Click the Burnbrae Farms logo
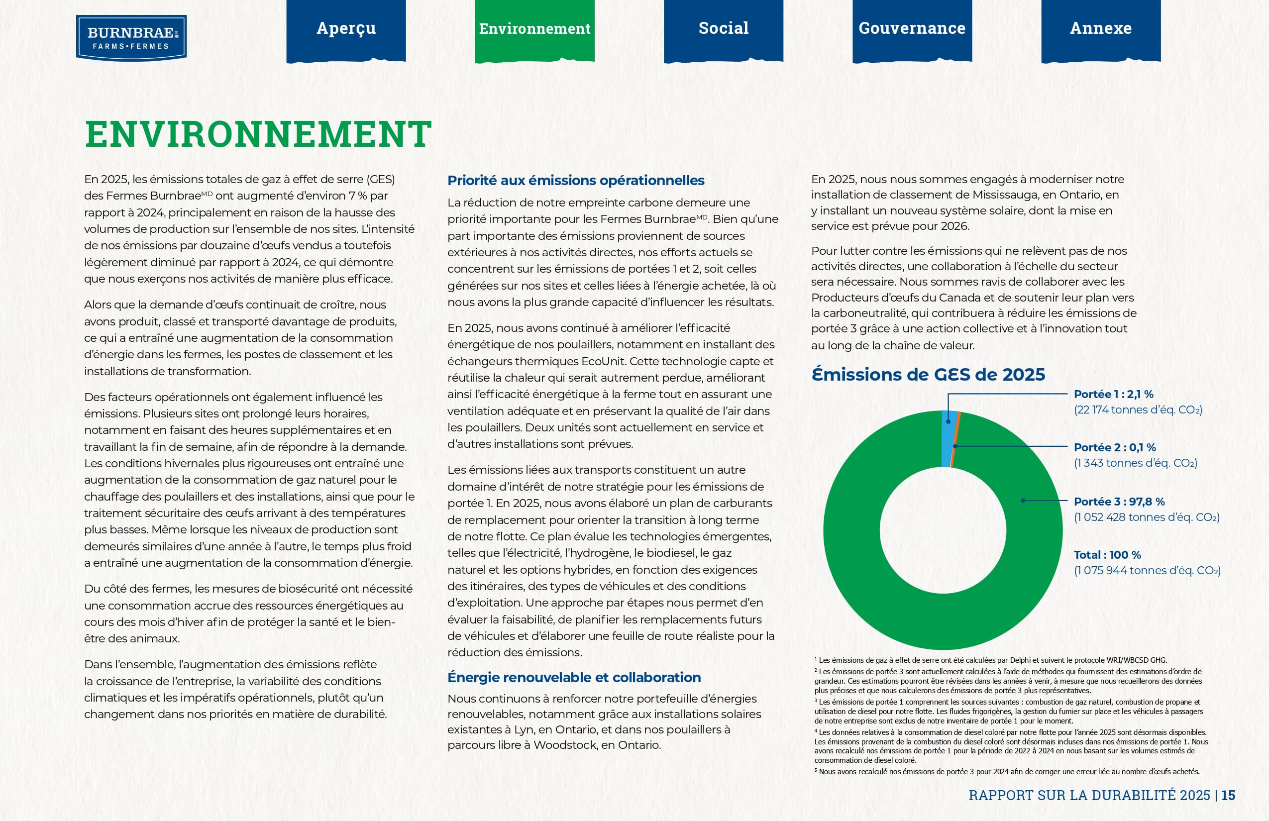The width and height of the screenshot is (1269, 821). click(x=131, y=37)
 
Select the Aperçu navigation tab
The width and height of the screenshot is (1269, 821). click(x=346, y=29)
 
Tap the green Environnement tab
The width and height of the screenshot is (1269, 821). click(x=534, y=29)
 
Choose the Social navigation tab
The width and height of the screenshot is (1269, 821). click(x=723, y=29)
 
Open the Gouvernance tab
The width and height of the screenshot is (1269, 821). click(x=912, y=29)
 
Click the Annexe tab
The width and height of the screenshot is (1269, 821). click(x=1100, y=29)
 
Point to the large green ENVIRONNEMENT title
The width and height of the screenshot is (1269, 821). click(x=258, y=134)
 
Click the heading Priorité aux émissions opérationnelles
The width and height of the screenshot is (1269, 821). click(x=575, y=181)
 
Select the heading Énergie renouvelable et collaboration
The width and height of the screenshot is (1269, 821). click(x=574, y=678)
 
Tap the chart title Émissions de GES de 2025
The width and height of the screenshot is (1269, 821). click(x=928, y=375)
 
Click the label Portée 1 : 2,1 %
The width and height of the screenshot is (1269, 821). click(x=1113, y=395)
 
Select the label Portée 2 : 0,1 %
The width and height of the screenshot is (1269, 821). click(x=1114, y=448)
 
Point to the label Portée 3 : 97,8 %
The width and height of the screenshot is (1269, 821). click(x=1119, y=502)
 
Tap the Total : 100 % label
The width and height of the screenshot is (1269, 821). click(x=1107, y=555)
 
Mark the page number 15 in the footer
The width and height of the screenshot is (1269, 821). click(x=1229, y=796)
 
